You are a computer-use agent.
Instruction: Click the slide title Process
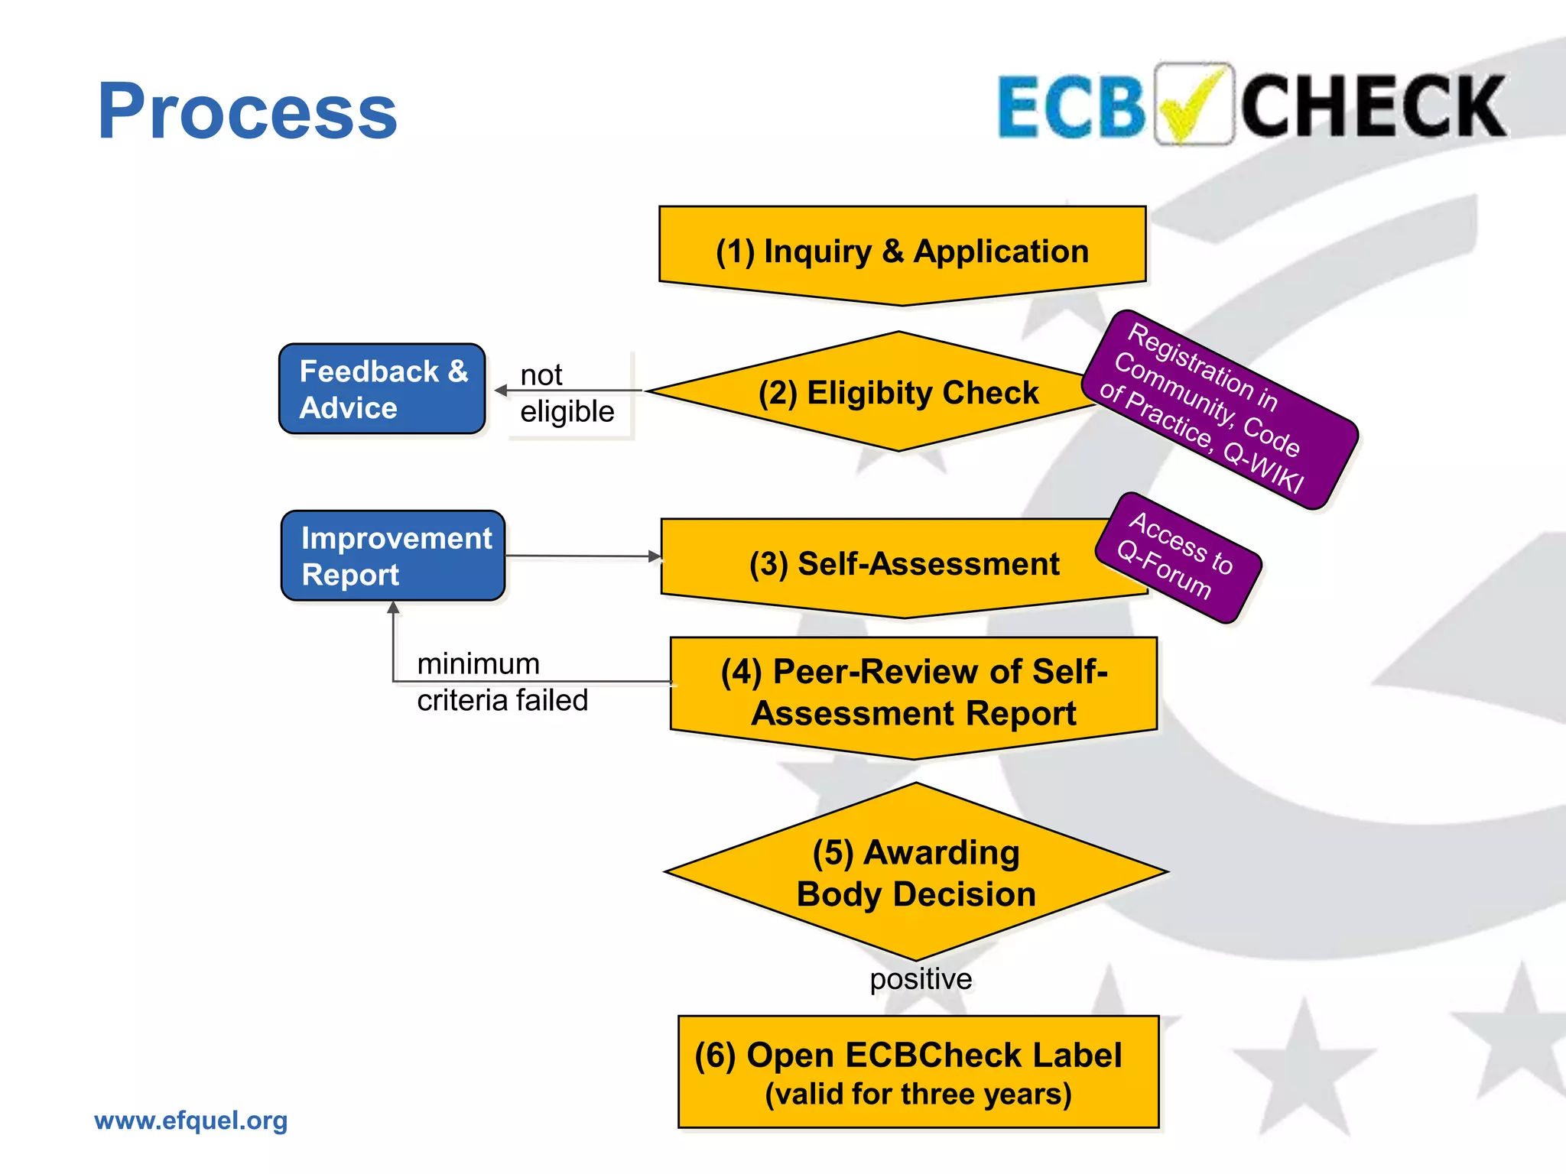click(247, 112)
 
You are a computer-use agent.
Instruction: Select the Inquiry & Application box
click(902, 251)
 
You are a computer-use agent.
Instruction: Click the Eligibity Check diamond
click(898, 392)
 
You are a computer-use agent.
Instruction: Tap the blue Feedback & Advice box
click(382, 389)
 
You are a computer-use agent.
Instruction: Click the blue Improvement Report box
click(393, 556)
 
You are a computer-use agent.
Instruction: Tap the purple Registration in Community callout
click(1220, 410)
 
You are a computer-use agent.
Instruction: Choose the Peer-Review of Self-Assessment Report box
click(914, 692)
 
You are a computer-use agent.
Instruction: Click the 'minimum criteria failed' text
click(502, 682)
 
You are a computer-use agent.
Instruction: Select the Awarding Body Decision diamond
click(916, 872)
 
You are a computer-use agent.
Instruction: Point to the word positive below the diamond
click(921, 979)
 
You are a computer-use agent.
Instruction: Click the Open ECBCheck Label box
click(918, 1072)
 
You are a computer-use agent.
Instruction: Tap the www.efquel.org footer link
click(191, 1120)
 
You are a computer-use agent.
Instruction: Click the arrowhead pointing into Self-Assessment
click(655, 556)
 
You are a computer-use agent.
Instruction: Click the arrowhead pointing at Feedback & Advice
click(502, 391)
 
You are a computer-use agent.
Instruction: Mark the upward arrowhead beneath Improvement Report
click(393, 608)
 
